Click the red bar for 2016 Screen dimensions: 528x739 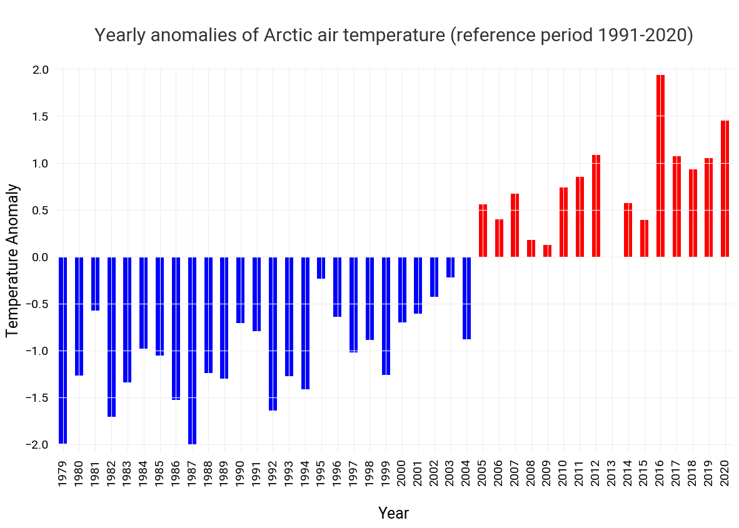[x=660, y=166]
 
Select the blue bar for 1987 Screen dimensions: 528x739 [x=192, y=350]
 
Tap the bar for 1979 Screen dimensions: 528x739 [x=63, y=350]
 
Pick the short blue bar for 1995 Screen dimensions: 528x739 [x=321, y=267]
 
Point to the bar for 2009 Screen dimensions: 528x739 [x=547, y=251]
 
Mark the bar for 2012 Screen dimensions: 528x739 [x=596, y=206]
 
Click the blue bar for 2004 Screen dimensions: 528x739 [x=466, y=298]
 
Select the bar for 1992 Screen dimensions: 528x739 [x=273, y=334]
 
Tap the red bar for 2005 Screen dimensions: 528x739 [x=483, y=231]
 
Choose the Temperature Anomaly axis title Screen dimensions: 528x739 [x=13, y=260]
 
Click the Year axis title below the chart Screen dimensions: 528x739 [x=393, y=514]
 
